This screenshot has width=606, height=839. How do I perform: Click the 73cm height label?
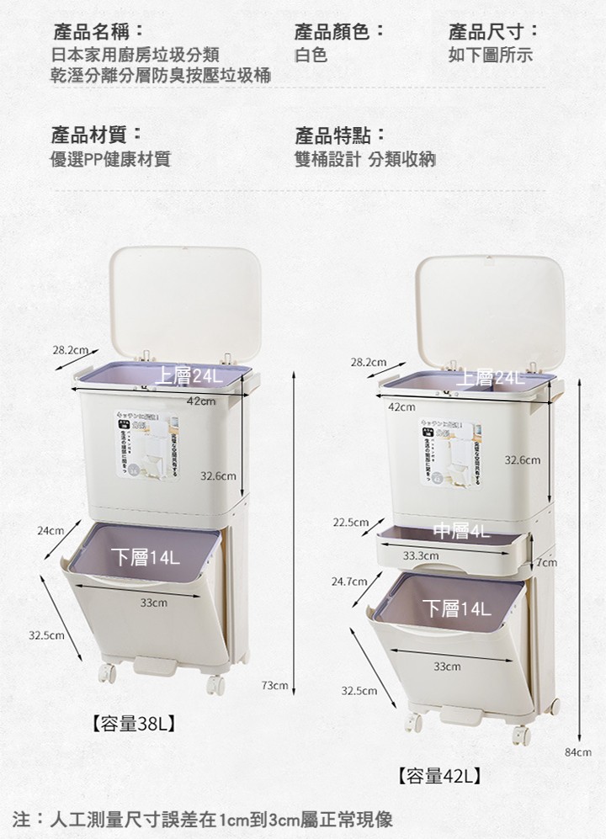pos(275,687)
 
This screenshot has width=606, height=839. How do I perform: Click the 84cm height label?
pos(581,751)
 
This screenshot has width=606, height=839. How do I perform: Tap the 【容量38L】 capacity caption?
pos(133,723)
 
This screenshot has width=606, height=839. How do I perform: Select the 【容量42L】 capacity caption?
pos(439,775)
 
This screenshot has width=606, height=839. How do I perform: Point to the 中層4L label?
pos(461,530)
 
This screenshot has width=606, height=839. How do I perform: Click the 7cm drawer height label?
pos(545,561)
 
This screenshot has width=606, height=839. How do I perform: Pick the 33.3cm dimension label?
pos(421,555)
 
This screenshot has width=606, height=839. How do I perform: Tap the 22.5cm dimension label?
pos(350,523)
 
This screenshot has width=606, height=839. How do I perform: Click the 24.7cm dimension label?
pos(350,581)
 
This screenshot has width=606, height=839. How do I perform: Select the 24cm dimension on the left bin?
pos(50,531)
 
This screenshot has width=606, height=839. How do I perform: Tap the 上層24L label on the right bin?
pos(490,378)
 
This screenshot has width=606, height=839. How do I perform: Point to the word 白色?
pos(311,56)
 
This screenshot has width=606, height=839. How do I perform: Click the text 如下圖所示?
pos(491,56)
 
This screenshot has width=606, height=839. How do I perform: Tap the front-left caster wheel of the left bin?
pos(107,672)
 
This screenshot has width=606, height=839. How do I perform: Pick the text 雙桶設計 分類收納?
pos(364,158)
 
